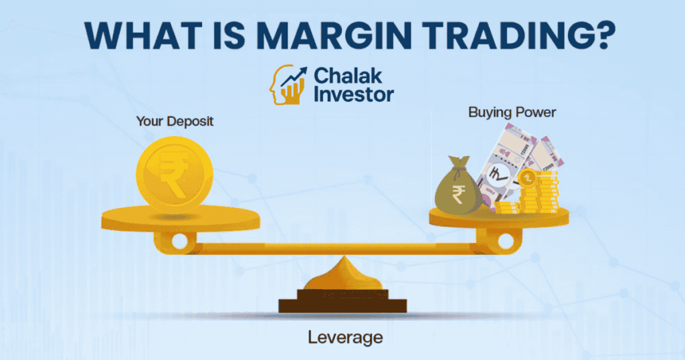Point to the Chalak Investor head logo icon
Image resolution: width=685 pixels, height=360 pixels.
[287, 85]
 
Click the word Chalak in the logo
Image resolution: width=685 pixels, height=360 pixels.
[348, 76]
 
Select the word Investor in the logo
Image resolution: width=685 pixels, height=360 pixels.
[354, 94]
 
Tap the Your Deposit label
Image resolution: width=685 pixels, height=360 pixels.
[175, 121]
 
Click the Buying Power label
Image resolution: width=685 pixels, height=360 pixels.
[512, 112]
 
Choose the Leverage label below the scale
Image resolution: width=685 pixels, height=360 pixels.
[345, 337]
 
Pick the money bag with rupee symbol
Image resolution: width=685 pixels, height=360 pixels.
[458, 186]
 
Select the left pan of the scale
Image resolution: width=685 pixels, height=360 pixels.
[181, 218]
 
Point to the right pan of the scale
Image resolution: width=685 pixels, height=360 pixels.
[499, 217]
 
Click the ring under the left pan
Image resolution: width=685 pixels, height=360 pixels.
[179, 241]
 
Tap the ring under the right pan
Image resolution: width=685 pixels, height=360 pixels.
[506, 240]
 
